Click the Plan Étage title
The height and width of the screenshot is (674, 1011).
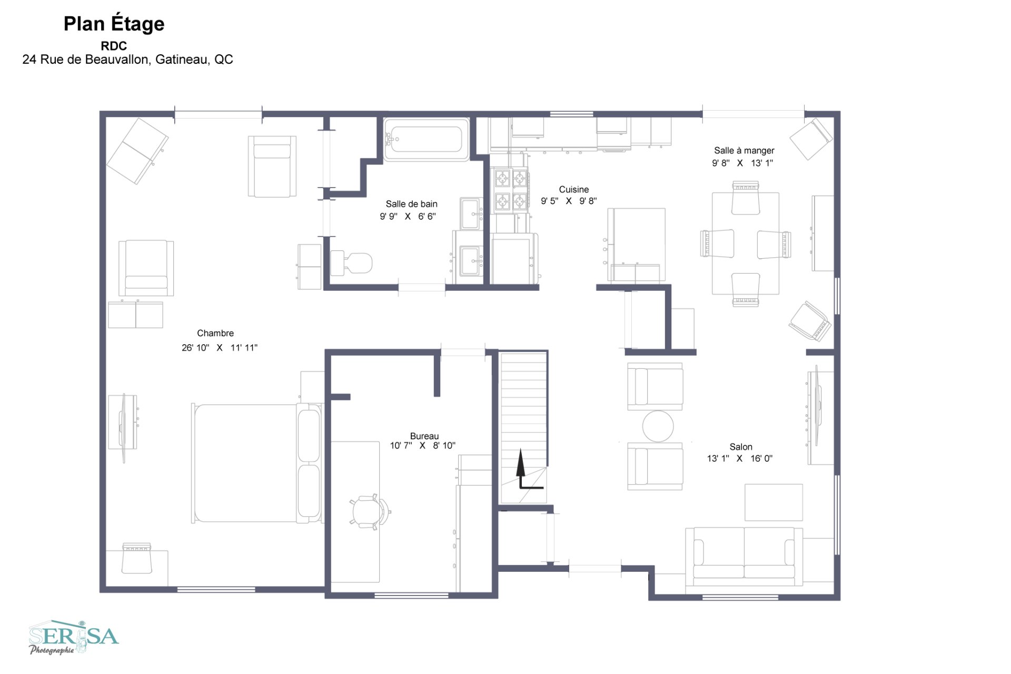coord(114,24)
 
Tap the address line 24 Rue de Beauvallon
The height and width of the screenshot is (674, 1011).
coord(127,60)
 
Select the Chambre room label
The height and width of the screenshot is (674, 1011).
coord(215,333)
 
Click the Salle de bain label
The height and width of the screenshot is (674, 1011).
coord(411,204)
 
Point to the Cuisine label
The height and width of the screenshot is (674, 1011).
coord(574,189)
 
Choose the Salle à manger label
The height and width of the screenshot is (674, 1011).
coord(744,151)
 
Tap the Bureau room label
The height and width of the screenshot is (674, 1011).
coord(424,436)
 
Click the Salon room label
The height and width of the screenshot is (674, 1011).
coord(741,447)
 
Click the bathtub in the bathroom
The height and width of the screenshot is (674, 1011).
coord(427,139)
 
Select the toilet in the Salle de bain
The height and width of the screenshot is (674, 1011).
coord(351,263)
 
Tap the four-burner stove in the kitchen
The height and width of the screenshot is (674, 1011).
coord(510,190)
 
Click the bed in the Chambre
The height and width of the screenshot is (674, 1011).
coord(257,463)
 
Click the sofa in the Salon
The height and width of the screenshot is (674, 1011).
coord(744,557)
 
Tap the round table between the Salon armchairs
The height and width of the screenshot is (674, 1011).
coord(658,426)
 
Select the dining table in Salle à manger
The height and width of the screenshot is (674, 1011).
coord(746,243)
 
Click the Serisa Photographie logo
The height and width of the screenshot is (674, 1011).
coord(74,637)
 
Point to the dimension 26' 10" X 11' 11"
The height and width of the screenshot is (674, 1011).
coord(220,348)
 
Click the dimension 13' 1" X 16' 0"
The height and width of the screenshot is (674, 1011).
coord(740,458)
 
